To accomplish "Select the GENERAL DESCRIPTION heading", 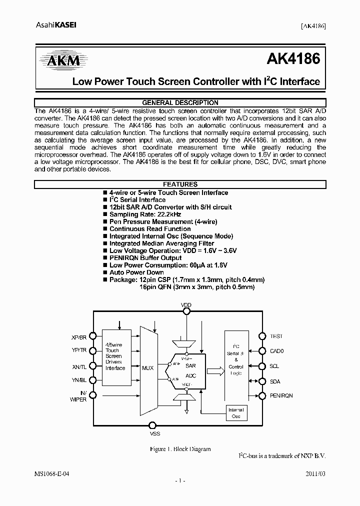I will (180, 102).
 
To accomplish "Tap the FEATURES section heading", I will (180, 184).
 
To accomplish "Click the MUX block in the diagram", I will (148, 367).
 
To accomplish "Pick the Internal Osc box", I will (236, 413).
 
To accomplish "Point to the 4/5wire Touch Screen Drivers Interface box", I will (115, 356).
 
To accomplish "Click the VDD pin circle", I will (186, 311).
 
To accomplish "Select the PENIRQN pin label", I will (281, 395).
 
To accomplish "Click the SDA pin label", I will (275, 381).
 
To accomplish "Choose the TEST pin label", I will (276, 336).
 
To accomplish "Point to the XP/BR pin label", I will (79, 337).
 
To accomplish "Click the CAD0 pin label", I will (276, 351).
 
